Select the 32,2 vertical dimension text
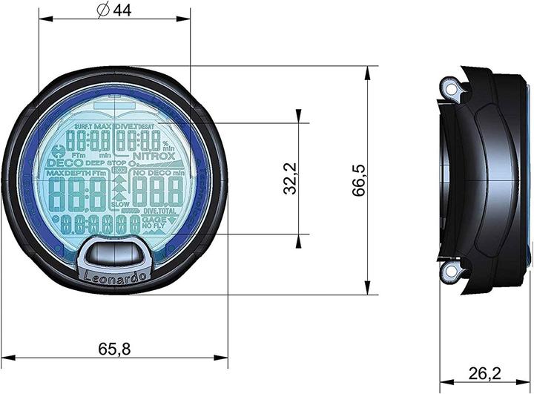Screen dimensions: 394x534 tap(291, 178)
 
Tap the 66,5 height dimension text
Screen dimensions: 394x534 tap(360, 180)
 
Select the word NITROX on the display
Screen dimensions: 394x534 tap(154, 156)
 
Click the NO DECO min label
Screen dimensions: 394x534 tap(156, 172)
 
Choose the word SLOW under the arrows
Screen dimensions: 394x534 tap(119, 204)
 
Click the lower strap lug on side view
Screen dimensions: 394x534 tap(449, 272)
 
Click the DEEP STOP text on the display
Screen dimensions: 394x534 tap(105, 162)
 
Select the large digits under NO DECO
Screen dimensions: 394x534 tap(156, 193)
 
